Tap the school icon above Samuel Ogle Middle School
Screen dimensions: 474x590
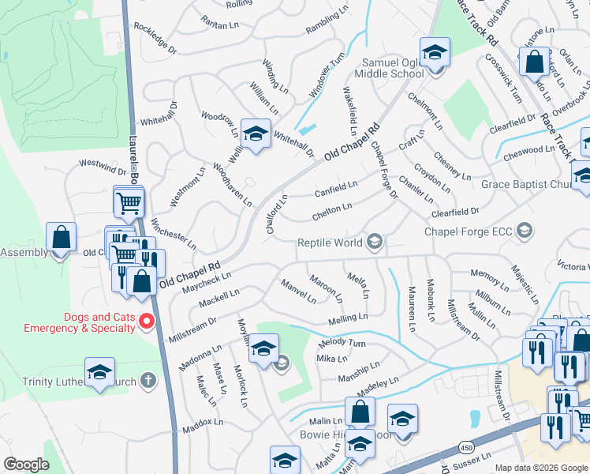434,54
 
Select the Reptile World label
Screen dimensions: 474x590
330,243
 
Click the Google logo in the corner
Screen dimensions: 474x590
26,465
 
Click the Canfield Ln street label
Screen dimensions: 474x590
336,189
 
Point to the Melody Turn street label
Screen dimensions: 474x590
342,344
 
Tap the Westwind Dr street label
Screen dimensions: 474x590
102,166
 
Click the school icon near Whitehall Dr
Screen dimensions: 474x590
256,134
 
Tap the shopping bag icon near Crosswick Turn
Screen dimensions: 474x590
534,62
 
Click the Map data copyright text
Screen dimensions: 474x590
541,468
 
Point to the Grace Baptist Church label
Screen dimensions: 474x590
525,185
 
